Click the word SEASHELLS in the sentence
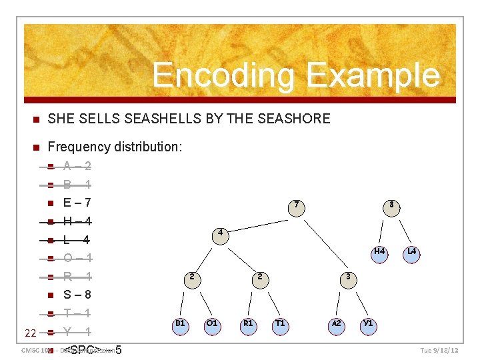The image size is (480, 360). (190, 119)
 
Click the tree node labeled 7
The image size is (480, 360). (297, 205)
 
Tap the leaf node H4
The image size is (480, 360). (379, 253)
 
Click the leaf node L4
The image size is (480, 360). (411, 253)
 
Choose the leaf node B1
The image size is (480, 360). (180, 325)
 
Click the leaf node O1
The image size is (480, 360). (212, 325)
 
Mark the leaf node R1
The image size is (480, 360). (248, 325)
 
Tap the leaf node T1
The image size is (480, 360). (281, 325)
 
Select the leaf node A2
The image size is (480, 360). (337, 325)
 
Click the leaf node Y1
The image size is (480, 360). (367, 325)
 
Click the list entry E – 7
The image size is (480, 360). (77, 203)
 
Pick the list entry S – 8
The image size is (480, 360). (77, 295)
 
